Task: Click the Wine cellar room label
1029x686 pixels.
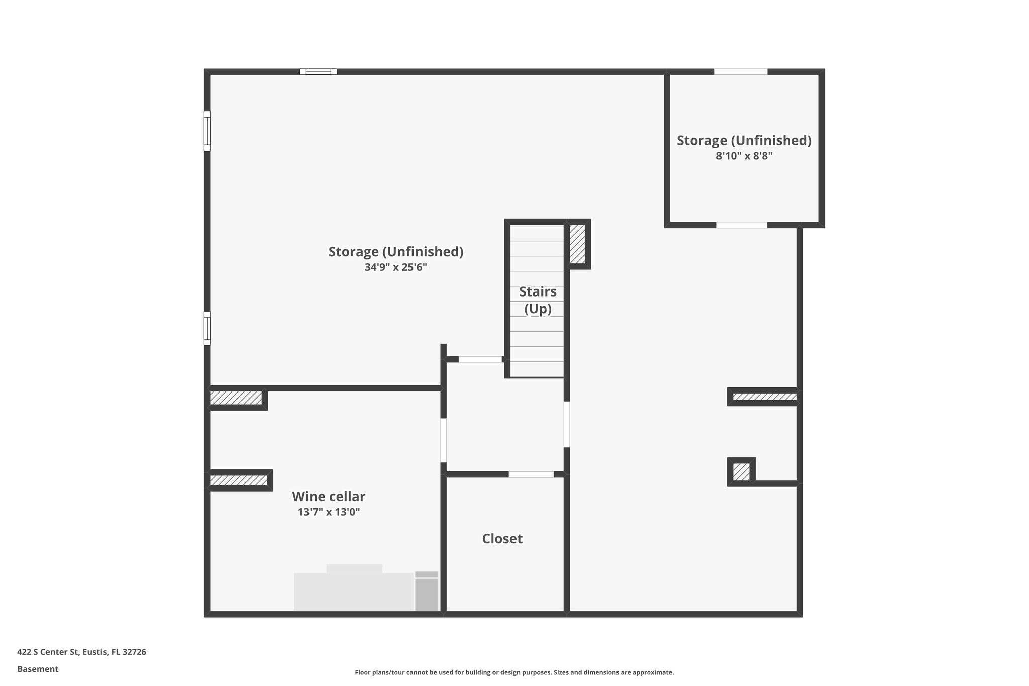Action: (329, 496)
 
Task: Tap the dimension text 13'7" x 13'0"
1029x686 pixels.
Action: (329, 512)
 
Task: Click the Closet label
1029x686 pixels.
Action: (502, 539)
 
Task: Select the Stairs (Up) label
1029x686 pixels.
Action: (538, 300)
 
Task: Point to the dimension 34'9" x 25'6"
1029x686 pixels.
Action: (395, 267)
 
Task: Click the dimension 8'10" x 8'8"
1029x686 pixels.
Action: (744, 156)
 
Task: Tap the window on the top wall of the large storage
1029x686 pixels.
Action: (319, 72)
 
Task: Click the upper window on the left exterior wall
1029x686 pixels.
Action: (207, 131)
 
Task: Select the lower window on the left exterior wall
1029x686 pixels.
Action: (207, 328)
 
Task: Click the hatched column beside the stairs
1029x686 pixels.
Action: (577, 244)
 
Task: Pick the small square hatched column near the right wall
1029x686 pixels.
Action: (741, 472)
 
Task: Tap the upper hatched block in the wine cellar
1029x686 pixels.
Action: (236, 398)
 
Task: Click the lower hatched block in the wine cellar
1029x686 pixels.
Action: (238, 480)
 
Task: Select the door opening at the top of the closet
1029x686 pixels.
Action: (531, 474)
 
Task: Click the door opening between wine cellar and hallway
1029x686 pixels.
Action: (444, 440)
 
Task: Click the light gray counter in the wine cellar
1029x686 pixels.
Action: (353, 591)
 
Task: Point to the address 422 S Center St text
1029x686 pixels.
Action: (81, 652)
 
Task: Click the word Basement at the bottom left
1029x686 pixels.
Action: (38, 669)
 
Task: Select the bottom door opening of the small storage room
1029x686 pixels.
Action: (742, 225)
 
